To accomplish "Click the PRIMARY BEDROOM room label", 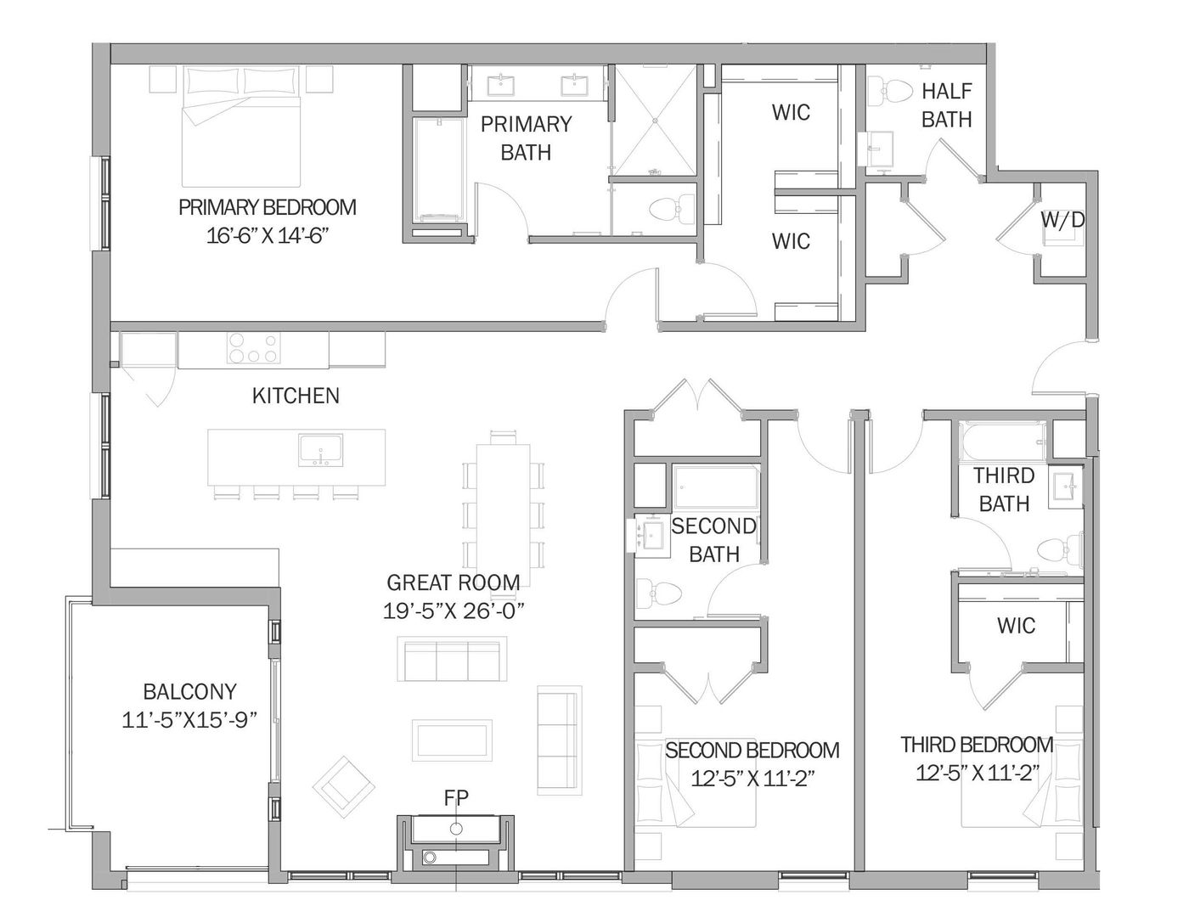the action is (267, 208).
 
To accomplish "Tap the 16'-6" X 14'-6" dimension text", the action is (267, 236).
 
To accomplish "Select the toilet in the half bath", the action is (888, 92).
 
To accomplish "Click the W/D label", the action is (1062, 220).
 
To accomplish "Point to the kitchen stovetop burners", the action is (253, 348).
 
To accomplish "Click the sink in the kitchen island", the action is (321, 451).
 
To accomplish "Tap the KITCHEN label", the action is (296, 396).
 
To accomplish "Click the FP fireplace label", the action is (456, 798).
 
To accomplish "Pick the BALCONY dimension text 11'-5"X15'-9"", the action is (189, 720).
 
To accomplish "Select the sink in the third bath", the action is (1065, 487).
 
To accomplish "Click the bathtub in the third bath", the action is (1002, 442).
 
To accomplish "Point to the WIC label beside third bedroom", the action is (1016, 626).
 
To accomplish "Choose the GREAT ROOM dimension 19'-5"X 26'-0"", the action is (454, 611).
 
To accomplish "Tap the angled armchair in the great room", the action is (344, 787).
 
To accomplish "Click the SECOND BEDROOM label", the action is (752, 750).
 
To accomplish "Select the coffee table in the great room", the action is (452, 740).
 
